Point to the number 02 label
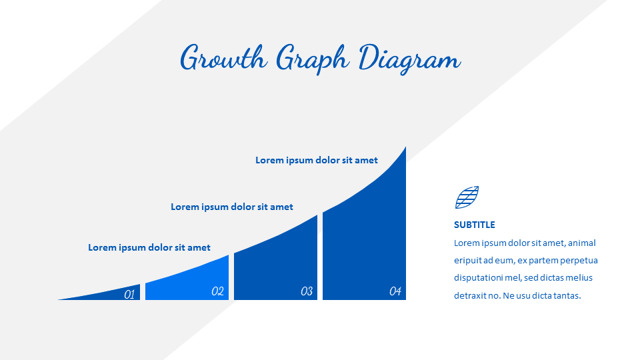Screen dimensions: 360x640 pos(217,291)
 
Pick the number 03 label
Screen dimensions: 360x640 pos(307,291)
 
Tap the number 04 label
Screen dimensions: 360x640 pos(395,291)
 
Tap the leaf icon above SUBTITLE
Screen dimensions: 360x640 pos(467,197)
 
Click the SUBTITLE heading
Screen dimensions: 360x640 pos(475,225)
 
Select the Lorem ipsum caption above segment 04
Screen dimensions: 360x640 pos(317,160)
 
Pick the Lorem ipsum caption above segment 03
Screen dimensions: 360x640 pos(232,207)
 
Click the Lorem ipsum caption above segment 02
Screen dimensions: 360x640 pos(149,247)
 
